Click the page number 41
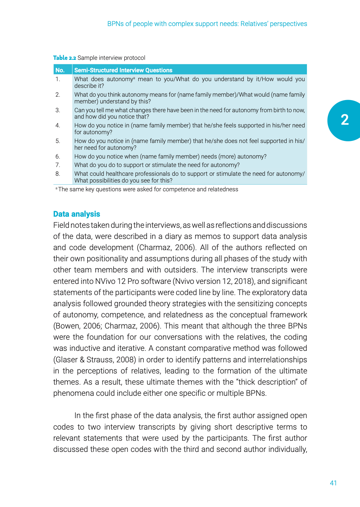coord(333,483)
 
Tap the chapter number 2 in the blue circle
coord(344,120)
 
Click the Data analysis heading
coord(77,214)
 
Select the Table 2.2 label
coord(65,58)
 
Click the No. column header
coord(60,70)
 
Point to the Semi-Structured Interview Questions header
coord(123,70)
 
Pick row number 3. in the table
coord(58,110)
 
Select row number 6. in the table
coord(58,156)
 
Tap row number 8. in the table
coord(58,174)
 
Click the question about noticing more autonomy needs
coord(170,156)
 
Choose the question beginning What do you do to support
coord(157,165)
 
